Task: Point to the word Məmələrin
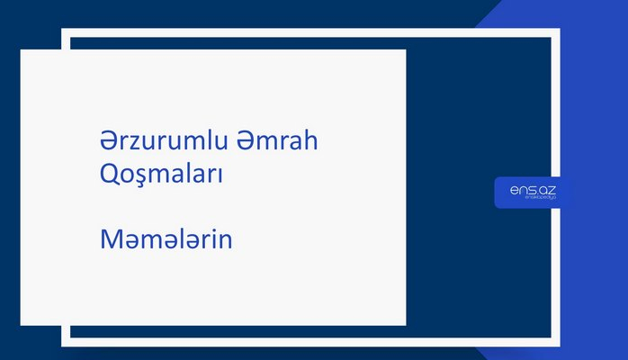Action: point(166,240)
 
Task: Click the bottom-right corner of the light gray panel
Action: point(405,324)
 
